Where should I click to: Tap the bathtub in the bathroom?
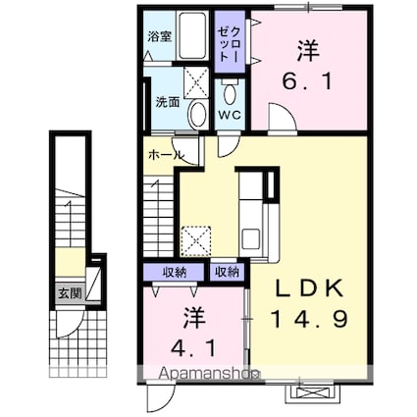pos(193,37)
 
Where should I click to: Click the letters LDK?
pos(308,291)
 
